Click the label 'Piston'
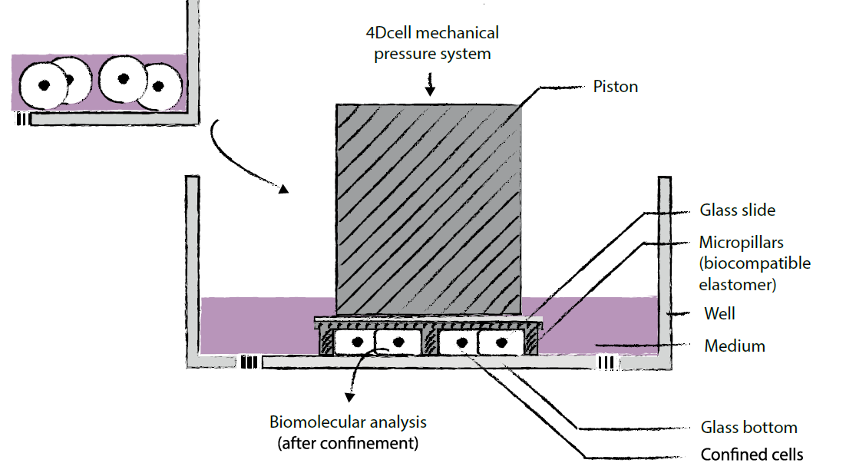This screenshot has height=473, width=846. click(615, 86)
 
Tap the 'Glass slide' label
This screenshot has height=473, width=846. click(737, 210)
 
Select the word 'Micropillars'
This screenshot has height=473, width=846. click(741, 243)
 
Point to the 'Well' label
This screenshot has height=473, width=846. click(719, 313)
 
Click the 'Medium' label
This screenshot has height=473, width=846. click(735, 346)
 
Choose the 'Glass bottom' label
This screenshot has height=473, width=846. click(749, 428)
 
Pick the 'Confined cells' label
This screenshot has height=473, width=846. click(752, 455)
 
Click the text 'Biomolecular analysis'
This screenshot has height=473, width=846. click(348, 422)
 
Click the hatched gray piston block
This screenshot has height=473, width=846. click(428, 207)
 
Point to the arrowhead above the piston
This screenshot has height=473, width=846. click(430, 91)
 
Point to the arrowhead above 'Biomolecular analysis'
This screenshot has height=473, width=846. click(350, 397)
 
